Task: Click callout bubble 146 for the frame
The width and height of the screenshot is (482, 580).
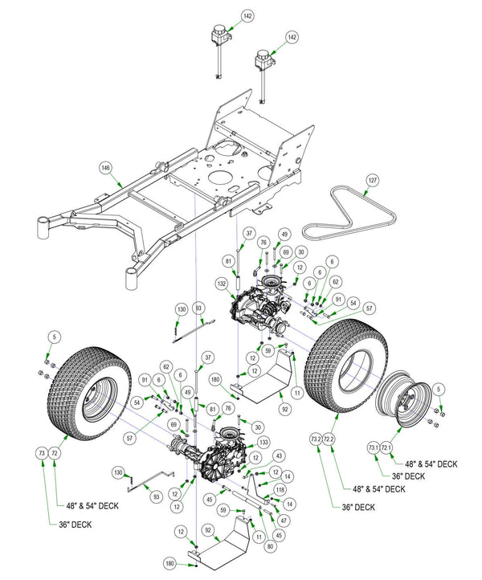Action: click(104, 168)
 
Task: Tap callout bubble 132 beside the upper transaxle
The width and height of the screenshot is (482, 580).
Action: click(221, 284)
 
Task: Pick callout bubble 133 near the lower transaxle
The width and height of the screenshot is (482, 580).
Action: click(263, 443)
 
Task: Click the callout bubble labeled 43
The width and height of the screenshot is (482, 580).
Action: click(278, 456)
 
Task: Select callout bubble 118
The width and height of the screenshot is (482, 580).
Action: click(280, 489)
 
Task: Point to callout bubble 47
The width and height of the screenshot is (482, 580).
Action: click(283, 520)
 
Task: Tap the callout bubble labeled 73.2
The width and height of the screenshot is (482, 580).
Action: click(315, 439)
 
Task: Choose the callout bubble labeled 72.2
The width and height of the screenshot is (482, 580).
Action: click(329, 439)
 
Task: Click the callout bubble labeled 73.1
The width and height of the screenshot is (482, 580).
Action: click(373, 447)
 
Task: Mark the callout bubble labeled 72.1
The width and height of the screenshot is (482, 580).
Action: click(386, 447)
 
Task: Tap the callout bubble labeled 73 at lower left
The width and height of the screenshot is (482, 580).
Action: click(42, 454)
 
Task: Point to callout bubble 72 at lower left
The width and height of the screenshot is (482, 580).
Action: click(55, 454)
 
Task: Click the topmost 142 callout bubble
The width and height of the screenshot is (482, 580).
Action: click(247, 15)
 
